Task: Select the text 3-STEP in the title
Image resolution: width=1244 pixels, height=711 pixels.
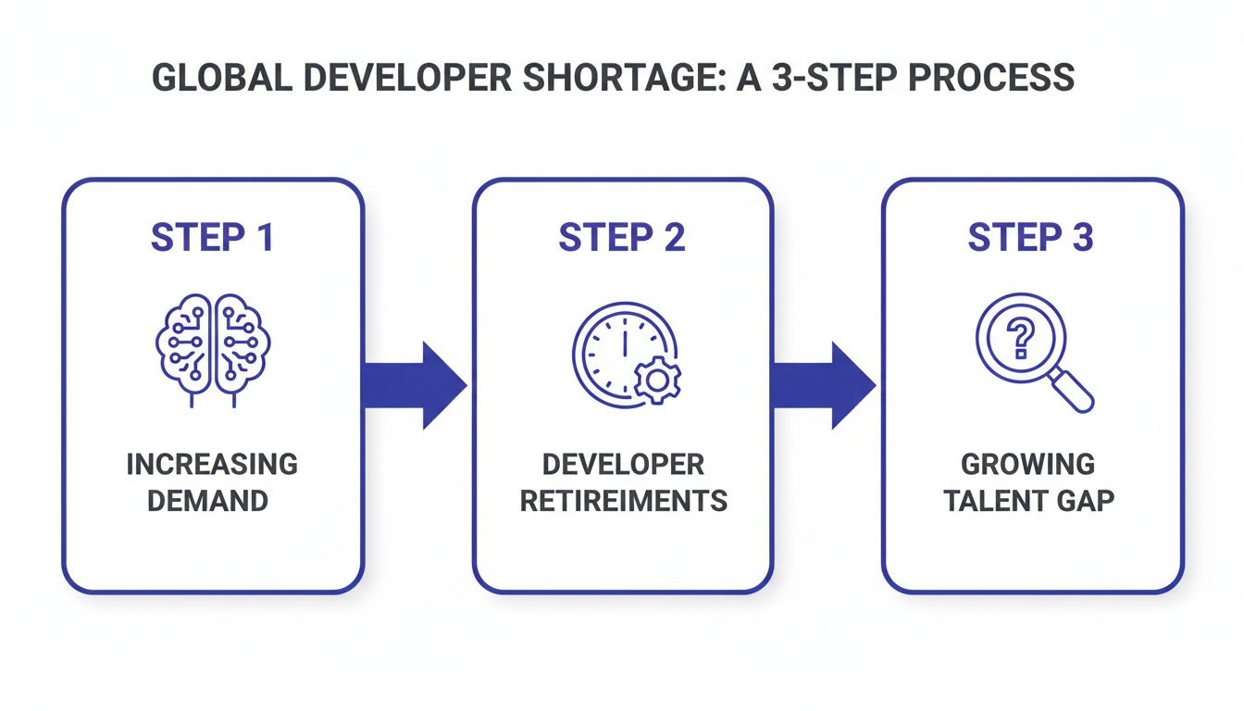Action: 831,78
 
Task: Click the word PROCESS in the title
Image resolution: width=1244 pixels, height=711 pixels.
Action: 1000,78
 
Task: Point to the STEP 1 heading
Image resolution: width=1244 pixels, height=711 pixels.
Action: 212,238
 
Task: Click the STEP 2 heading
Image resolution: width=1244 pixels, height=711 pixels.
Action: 622,238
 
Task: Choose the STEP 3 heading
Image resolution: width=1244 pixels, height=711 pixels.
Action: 1031,238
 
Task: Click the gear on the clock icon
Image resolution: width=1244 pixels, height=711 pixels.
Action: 657,380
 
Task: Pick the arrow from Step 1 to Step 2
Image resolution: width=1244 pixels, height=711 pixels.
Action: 414,385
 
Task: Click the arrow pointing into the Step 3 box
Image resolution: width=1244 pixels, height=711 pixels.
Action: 823,385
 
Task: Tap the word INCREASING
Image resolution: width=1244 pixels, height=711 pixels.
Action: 212,464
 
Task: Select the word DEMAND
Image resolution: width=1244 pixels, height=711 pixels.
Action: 212,501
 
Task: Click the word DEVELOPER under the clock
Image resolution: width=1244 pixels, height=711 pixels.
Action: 623,464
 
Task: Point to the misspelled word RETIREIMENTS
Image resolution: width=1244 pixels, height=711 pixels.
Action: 623,501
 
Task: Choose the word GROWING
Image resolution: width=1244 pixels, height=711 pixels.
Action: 1027,464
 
